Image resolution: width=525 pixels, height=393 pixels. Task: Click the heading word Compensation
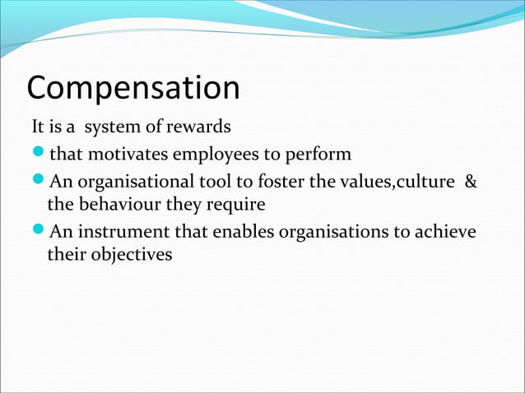133,88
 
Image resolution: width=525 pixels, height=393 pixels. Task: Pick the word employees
213,155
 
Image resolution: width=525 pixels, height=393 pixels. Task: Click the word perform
320,155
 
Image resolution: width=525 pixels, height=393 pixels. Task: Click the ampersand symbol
470,180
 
